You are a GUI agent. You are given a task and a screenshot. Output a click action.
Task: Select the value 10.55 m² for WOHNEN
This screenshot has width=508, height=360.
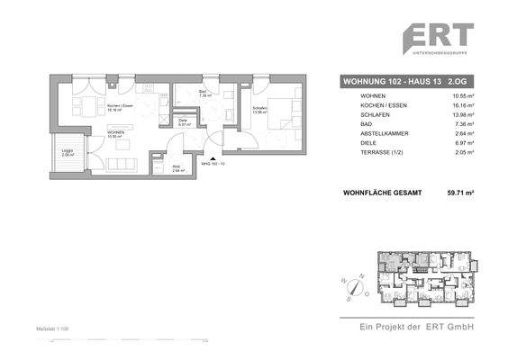461,95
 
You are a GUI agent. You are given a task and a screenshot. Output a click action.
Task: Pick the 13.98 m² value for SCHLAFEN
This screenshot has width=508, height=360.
461,117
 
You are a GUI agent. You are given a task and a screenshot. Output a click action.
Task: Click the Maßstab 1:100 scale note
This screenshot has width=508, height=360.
53,330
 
